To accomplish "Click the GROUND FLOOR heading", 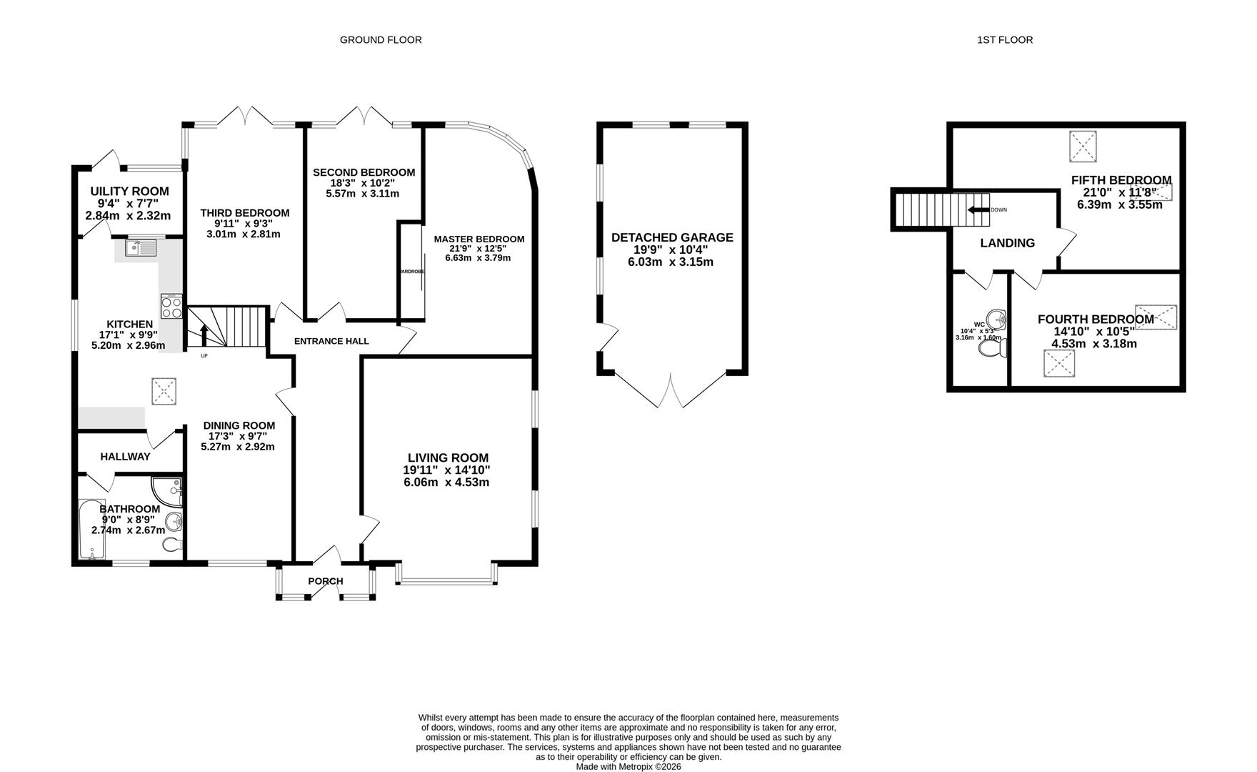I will coord(380,40).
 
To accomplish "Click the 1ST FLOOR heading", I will coord(1004,40).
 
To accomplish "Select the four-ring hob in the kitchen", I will coord(171,307).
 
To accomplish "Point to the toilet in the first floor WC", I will coord(993,348).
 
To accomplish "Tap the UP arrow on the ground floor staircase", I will coord(204,335).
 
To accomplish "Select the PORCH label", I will coord(326,581).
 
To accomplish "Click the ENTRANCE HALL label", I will coord(331,341).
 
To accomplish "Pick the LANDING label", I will coord(1007,243).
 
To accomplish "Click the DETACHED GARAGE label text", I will coord(672,237).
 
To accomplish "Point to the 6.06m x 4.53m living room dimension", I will coord(446,482).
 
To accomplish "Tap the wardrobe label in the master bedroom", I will coord(412,272).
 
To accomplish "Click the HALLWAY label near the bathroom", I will coord(125,456).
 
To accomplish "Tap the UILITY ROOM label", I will coord(129,191).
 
